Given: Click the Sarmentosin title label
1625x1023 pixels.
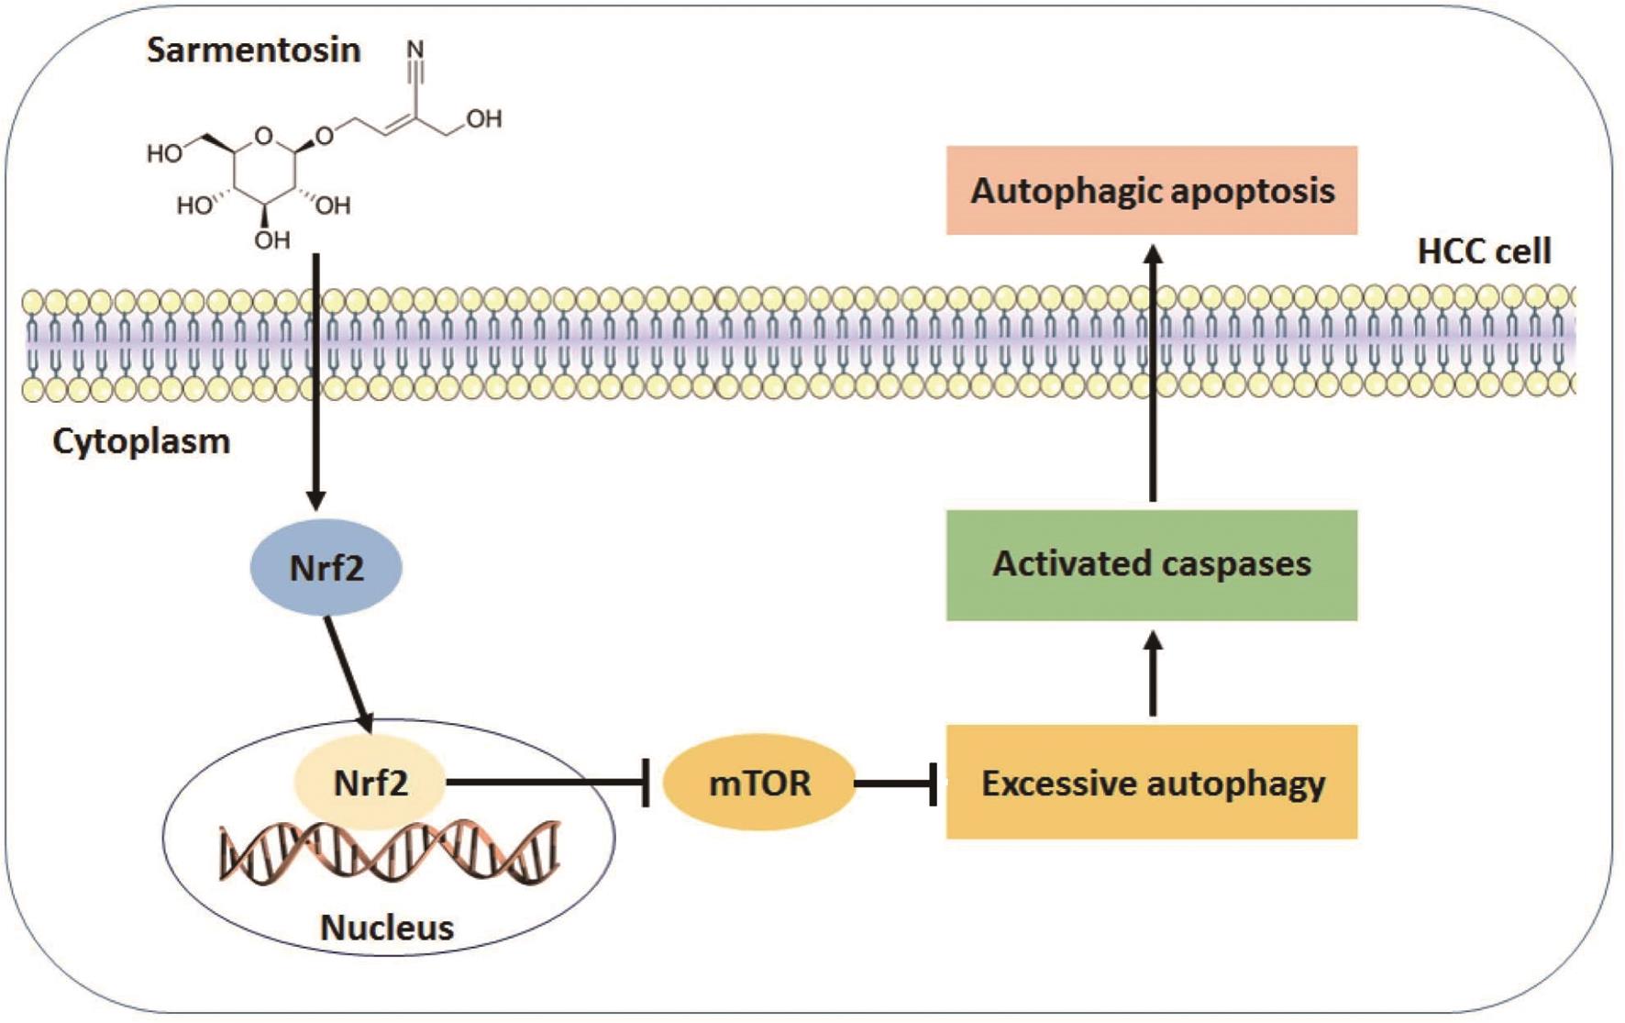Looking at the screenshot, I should [253, 50].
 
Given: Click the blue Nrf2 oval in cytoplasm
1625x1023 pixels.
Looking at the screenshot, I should [326, 567].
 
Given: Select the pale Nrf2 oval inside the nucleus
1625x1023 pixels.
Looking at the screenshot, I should [370, 783].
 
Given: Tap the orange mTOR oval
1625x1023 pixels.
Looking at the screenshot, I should [759, 783].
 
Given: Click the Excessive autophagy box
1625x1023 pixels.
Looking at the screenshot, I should [1152, 783].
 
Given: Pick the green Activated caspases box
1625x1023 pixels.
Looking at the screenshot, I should [1152, 564].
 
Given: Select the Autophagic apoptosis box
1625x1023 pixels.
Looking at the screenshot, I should [1152, 191].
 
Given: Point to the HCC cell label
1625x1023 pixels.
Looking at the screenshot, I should [1484, 250].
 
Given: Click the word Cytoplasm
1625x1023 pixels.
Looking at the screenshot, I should [141, 441].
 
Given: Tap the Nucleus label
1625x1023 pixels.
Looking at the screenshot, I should [386, 928].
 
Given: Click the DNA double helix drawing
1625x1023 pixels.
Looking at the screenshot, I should [390, 853].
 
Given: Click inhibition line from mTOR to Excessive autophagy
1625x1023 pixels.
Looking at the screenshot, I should [894, 783].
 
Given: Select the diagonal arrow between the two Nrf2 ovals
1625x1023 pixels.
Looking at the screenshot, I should [348, 673].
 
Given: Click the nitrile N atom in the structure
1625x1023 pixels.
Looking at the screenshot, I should [415, 48].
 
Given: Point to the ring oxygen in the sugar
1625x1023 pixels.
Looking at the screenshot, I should [264, 136].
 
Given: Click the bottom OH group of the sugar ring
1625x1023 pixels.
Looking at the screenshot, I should [272, 240].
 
